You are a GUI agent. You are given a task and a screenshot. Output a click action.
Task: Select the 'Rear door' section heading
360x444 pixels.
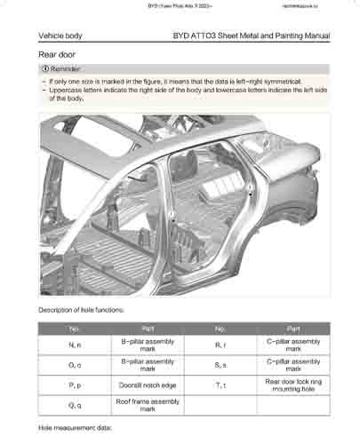pos(57,54)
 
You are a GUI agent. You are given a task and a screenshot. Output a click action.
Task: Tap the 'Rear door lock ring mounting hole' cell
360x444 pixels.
pos(293,385)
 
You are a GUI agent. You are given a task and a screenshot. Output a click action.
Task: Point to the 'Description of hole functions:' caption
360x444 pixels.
pos(81,310)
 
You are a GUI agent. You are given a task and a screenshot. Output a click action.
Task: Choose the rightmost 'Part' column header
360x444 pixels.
pos(293,329)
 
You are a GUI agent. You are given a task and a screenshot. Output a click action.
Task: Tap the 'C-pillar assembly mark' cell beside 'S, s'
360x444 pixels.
pos(293,365)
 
